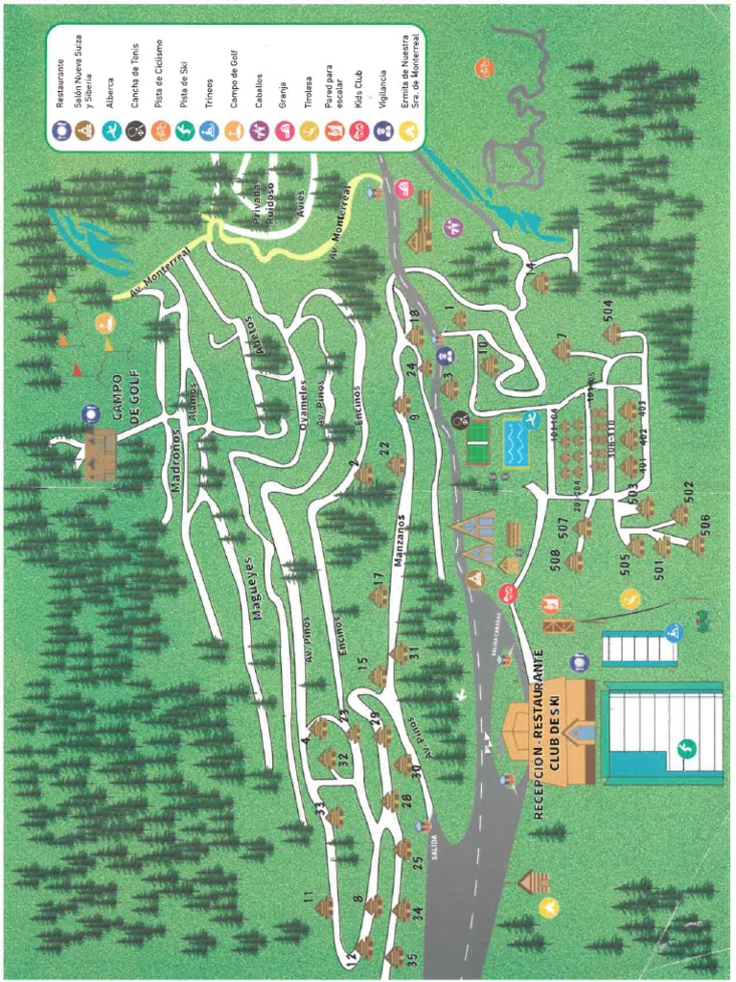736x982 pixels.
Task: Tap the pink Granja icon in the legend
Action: (x=283, y=129)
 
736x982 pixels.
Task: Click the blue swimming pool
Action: (x=517, y=441)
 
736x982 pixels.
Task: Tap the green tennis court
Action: (x=478, y=442)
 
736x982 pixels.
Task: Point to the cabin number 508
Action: (x=554, y=561)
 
